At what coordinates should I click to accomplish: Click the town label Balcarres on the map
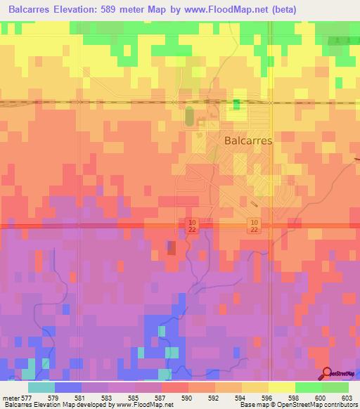(247, 140)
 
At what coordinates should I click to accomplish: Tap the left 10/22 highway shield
(192, 225)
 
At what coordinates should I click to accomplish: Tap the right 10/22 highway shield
(254, 225)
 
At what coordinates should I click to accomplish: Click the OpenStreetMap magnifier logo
(326, 374)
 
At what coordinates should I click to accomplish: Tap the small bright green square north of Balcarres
(236, 105)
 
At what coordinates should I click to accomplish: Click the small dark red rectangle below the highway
(172, 247)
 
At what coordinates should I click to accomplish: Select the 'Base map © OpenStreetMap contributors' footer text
(297, 405)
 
